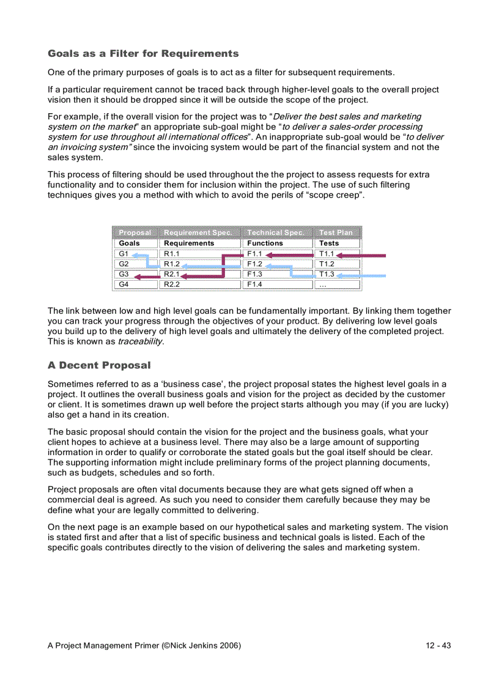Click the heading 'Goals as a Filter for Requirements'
[x=143, y=54]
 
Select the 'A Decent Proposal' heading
[x=99, y=366]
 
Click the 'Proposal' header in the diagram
[x=135, y=232]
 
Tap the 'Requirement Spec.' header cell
[x=198, y=232]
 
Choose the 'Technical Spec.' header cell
[x=275, y=232]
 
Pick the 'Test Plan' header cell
[x=336, y=232]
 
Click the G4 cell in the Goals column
[x=124, y=284]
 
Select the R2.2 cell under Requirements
[x=172, y=284]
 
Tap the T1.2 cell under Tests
[x=327, y=264]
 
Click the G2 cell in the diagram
[x=124, y=264]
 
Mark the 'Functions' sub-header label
[x=265, y=243]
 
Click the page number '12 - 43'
[x=438, y=645]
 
